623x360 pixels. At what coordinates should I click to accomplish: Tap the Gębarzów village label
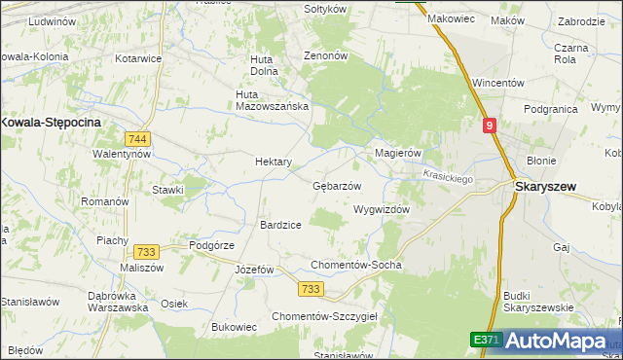click(x=337, y=186)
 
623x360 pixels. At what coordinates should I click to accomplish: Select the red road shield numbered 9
click(x=489, y=126)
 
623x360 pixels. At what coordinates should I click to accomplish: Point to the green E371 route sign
click(x=487, y=340)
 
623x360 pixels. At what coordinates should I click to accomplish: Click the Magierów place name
click(x=397, y=154)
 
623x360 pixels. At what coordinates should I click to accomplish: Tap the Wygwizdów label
click(x=381, y=209)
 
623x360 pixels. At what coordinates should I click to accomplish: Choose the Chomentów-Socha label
click(x=355, y=265)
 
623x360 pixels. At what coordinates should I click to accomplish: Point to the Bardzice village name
click(x=280, y=225)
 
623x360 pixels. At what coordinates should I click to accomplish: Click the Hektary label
click(x=274, y=162)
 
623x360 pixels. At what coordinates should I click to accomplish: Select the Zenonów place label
click(x=326, y=56)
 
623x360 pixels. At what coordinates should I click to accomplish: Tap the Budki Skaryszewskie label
click(x=539, y=302)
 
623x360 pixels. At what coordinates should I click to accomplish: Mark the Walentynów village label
click(x=121, y=154)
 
